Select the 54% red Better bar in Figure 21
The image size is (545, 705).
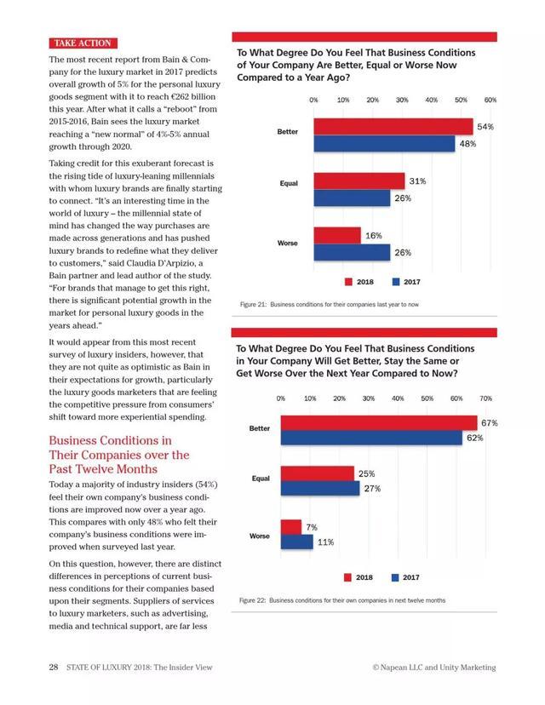tap(393, 127)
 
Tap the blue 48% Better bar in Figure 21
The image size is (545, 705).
tap(384, 144)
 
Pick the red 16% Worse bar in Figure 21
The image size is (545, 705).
tap(337, 236)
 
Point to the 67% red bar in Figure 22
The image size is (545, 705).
tap(379, 423)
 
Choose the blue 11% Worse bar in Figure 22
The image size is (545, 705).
tap(296, 542)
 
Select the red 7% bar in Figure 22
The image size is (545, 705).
tap(290, 527)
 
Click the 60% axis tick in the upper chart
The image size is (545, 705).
tap(490, 100)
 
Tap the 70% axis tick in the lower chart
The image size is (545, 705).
tap(486, 398)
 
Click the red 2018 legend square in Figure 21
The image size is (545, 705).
tap(348, 282)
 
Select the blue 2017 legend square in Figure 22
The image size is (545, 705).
tap(395, 578)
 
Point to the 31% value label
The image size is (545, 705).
tap(417, 181)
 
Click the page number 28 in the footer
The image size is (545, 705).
tap(53, 668)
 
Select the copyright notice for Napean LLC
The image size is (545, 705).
tap(434, 668)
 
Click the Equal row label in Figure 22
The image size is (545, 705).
tap(261, 479)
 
